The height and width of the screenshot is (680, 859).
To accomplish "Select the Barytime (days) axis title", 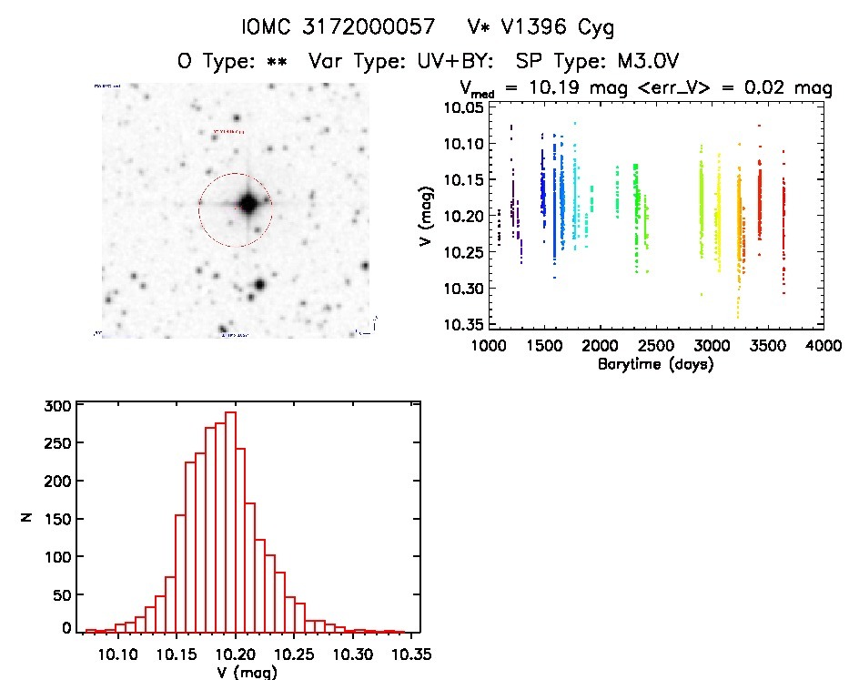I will [x=655, y=363].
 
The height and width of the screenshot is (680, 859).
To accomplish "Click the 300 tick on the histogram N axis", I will [x=54, y=407].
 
